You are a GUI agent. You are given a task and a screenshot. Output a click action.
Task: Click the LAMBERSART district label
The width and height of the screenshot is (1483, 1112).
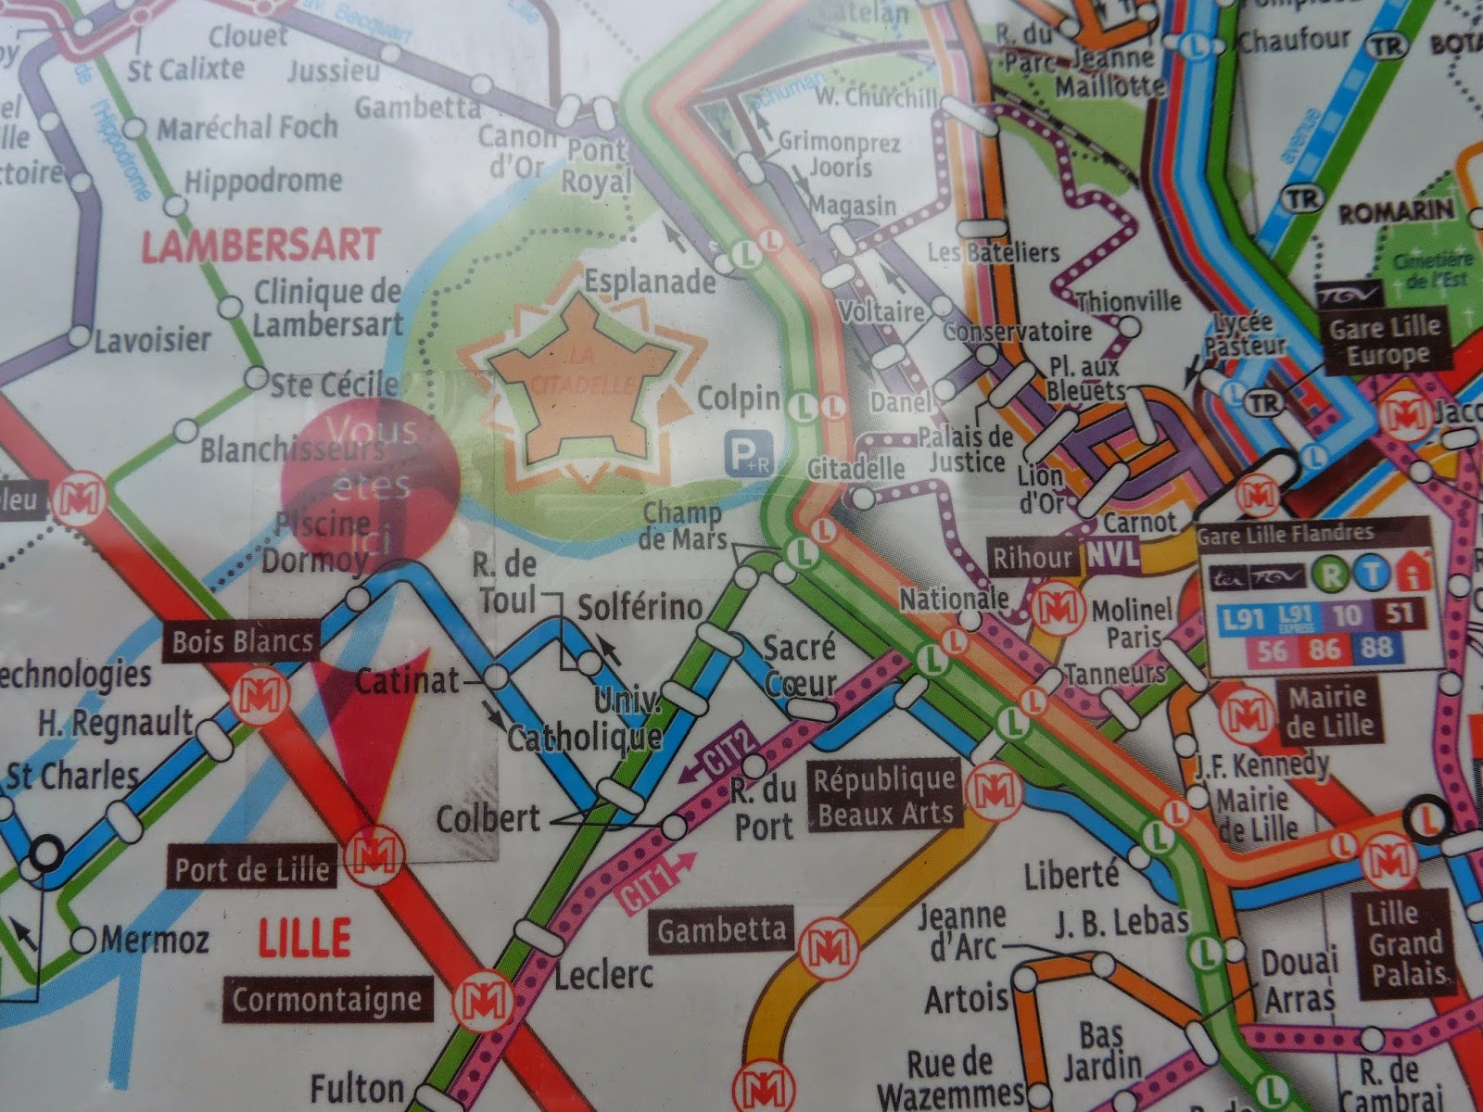tap(260, 245)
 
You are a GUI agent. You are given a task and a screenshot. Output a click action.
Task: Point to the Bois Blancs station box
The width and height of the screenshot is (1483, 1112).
tap(241, 640)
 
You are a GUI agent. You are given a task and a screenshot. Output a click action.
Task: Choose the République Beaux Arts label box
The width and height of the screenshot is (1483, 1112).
tap(884, 795)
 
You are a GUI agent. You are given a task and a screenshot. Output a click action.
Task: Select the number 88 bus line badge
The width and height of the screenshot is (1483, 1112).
tap(1376, 649)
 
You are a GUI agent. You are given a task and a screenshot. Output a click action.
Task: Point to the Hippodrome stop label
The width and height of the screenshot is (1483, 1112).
tap(263, 181)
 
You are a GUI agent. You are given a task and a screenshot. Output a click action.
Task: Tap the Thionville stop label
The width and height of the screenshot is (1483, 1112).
tap(1128, 301)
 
